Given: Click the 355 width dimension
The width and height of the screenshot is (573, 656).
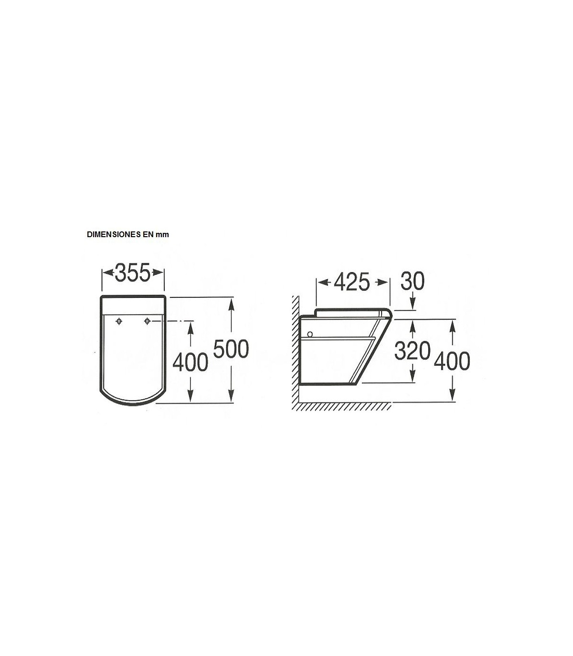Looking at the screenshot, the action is pos(133,273).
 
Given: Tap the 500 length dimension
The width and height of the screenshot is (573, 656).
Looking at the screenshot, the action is pos(231,349).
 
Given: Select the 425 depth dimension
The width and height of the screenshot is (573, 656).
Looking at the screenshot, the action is pos(352,282).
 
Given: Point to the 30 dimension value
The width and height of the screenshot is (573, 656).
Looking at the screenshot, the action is pos(412,281).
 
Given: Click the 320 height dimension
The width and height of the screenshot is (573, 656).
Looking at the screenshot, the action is pos(412,351).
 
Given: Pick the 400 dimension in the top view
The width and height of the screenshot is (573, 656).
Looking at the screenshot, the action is pos(190,363).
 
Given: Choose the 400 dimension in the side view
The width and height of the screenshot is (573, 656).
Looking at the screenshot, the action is pos(452,361).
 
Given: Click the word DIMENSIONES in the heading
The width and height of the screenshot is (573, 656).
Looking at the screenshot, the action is pos(114,234).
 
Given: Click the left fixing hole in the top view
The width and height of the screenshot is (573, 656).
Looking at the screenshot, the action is pos(119,321).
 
